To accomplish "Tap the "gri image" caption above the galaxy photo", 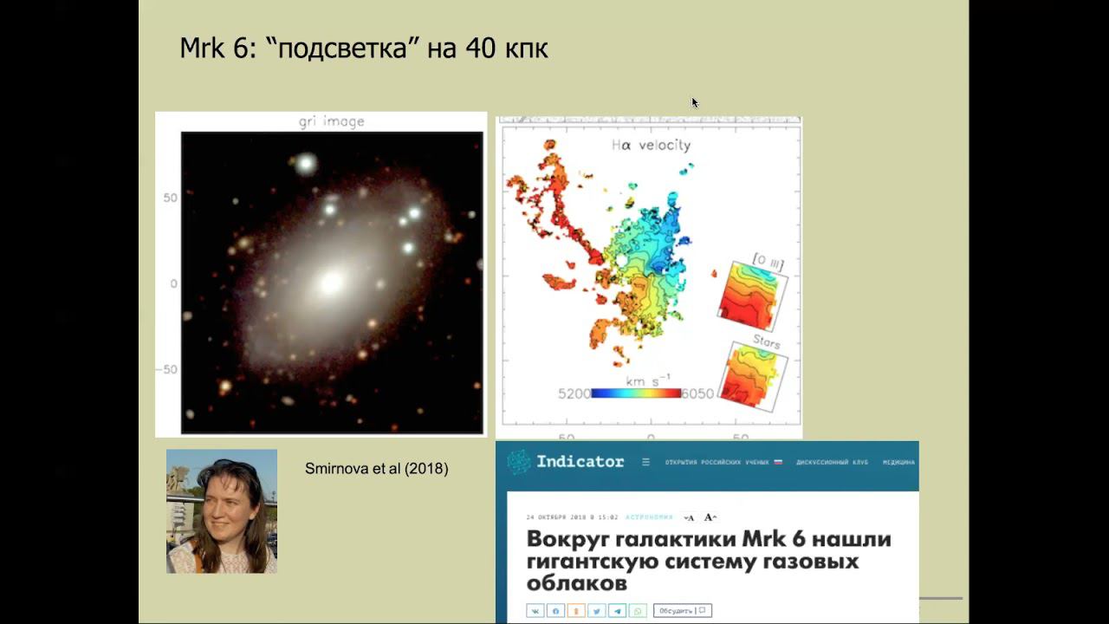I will click(x=332, y=121).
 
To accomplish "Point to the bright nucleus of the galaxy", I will click(x=332, y=282).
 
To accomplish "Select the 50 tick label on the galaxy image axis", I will click(x=170, y=198).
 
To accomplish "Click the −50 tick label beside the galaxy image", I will click(x=167, y=369).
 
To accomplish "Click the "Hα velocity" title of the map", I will click(x=651, y=146).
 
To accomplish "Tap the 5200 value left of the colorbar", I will click(x=574, y=393).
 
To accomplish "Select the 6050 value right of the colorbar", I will click(x=697, y=393).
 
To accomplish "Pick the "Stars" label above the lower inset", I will click(x=765, y=341).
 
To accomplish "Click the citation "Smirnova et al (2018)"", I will click(x=376, y=469).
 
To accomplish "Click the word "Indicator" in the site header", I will click(x=580, y=461).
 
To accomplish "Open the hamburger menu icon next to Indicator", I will click(x=645, y=462).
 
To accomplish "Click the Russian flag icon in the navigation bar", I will click(x=777, y=462).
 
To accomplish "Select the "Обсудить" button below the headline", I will click(x=683, y=610).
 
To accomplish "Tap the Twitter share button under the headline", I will click(x=596, y=610).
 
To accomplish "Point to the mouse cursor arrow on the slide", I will click(x=695, y=102).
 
